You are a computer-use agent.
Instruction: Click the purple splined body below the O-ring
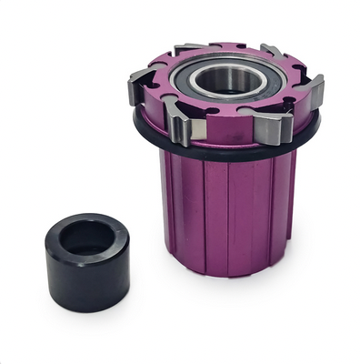click(227, 209)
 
